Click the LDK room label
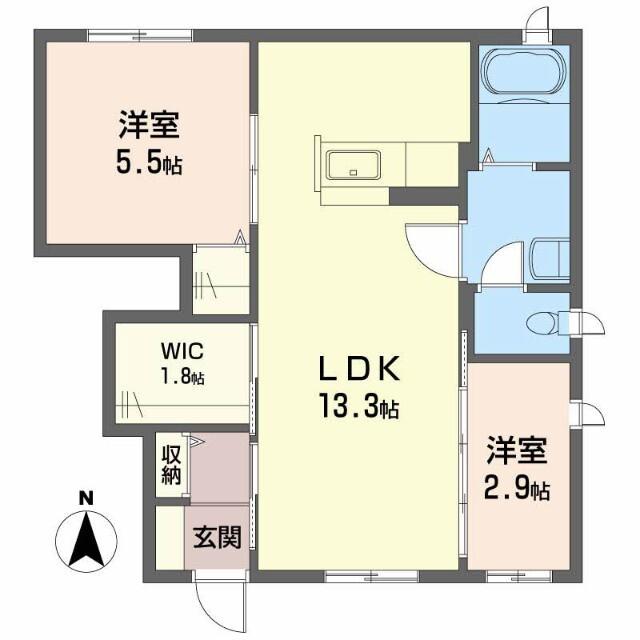360,370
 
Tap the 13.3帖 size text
360,407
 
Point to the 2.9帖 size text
518,490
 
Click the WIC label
183,352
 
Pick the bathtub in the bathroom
523,72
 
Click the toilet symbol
549,322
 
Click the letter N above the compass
86,497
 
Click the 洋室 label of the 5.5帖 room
148,126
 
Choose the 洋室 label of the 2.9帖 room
518,452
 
